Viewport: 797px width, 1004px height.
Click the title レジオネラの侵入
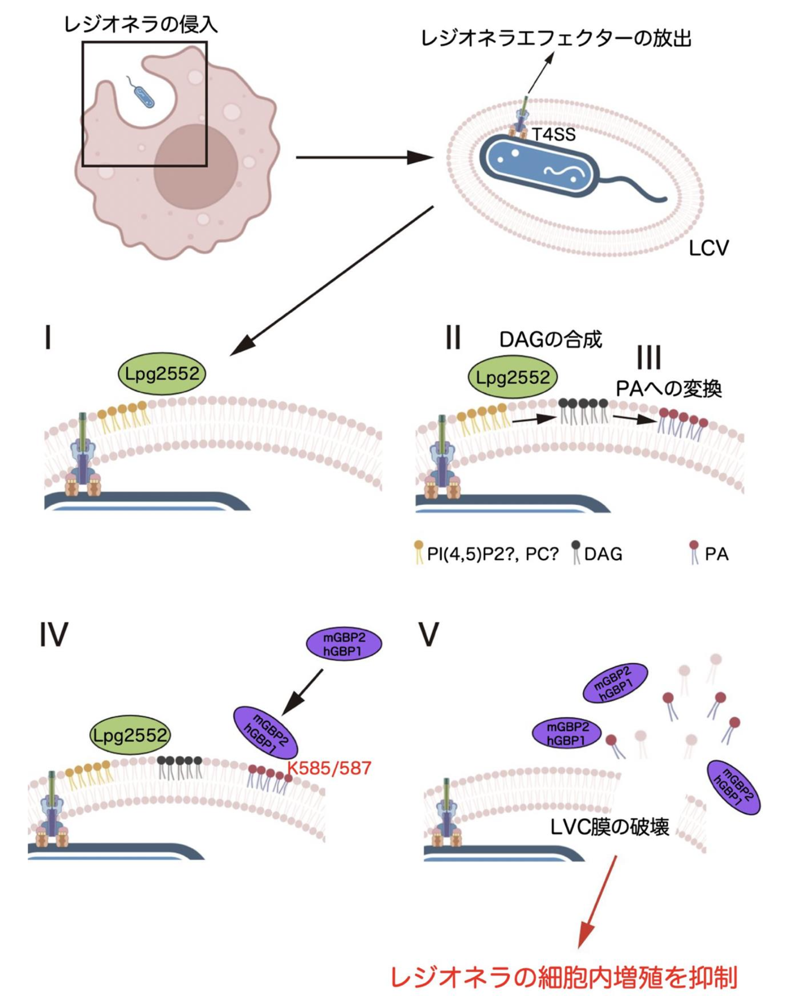point(141,25)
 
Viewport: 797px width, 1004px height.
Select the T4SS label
point(553,134)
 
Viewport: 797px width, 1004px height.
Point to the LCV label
point(708,248)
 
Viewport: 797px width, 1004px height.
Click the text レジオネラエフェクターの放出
point(555,39)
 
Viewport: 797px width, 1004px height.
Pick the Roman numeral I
point(48,337)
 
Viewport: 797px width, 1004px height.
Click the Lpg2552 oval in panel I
point(162,374)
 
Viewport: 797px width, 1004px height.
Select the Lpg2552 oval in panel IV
point(130,736)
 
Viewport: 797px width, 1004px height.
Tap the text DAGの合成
point(550,340)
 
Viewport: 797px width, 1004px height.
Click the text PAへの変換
point(669,389)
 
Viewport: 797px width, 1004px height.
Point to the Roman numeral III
point(649,357)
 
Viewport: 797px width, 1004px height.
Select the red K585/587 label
point(329,768)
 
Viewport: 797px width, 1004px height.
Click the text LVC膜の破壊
point(610,827)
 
